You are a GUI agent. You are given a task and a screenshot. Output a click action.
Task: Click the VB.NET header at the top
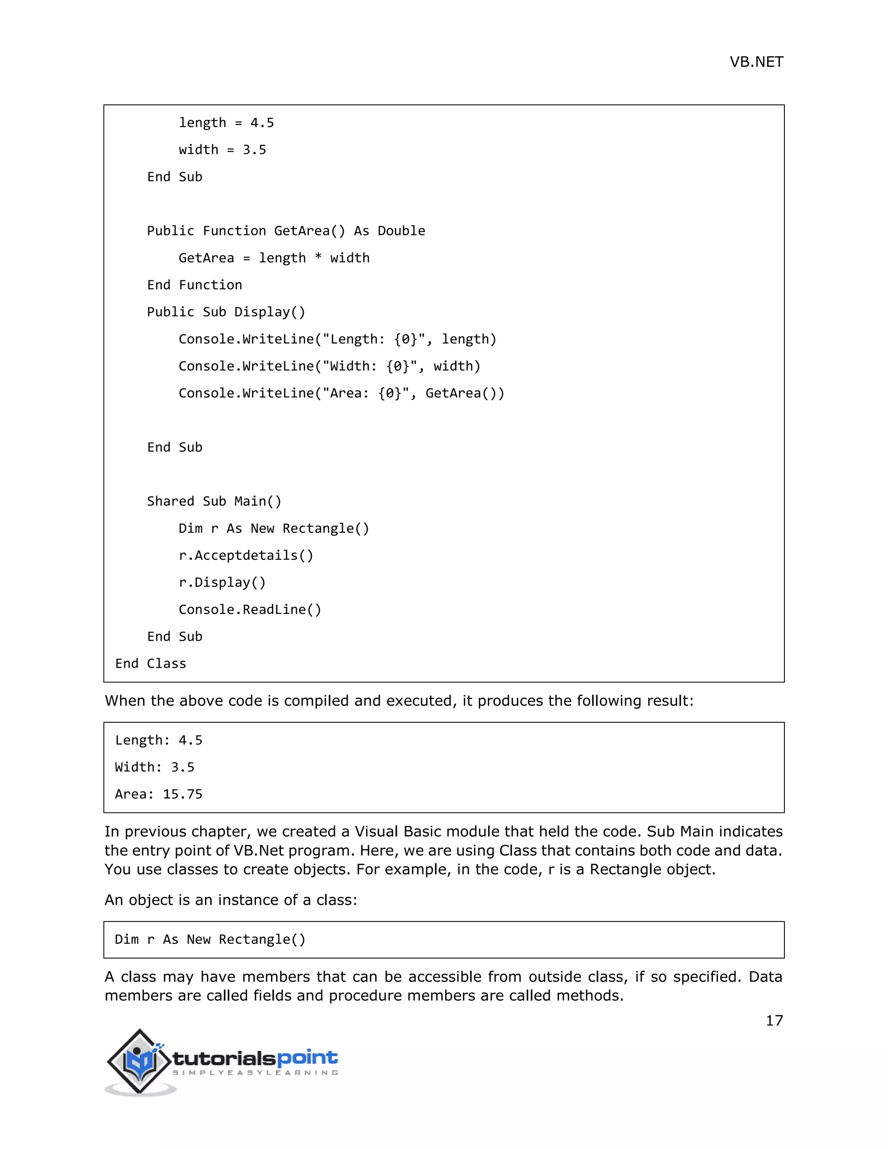pyautogui.click(x=756, y=62)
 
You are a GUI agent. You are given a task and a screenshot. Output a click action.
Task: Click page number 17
pyautogui.click(x=774, y=1021)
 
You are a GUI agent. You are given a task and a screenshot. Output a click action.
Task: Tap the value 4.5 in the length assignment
pyautogui.click(x=262, y=123)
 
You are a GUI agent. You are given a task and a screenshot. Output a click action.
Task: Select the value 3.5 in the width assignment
pyautogui.click(x=254, y=150)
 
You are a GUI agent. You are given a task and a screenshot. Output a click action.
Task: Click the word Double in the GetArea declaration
pyautogui.click(x=402, y=231)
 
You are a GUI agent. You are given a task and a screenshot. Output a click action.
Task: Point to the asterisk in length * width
pyautogui.click(x=318, y=257)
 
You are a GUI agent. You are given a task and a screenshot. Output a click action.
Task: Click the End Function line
pyautogui.click(x=195, y=285)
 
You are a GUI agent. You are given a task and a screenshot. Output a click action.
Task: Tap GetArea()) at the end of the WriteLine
pyautogui.click(x=464, y=394)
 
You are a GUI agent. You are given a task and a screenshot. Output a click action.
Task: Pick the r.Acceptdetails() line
pyautogui.click(x=246, y=555)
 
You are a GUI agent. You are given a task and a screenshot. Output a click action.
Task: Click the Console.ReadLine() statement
pyautogui.click(x=250, y=610)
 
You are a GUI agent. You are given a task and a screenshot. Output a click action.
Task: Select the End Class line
pyautogui.click(x=150, y=664)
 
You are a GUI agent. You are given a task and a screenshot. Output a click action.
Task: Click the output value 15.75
pyautogui.click(x=183, y=794)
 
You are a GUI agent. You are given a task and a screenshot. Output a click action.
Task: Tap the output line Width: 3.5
pyautogui.click(x=155, y=767)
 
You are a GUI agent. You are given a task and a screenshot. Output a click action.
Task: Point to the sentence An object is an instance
pyautogui.click(x=230, y=900)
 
